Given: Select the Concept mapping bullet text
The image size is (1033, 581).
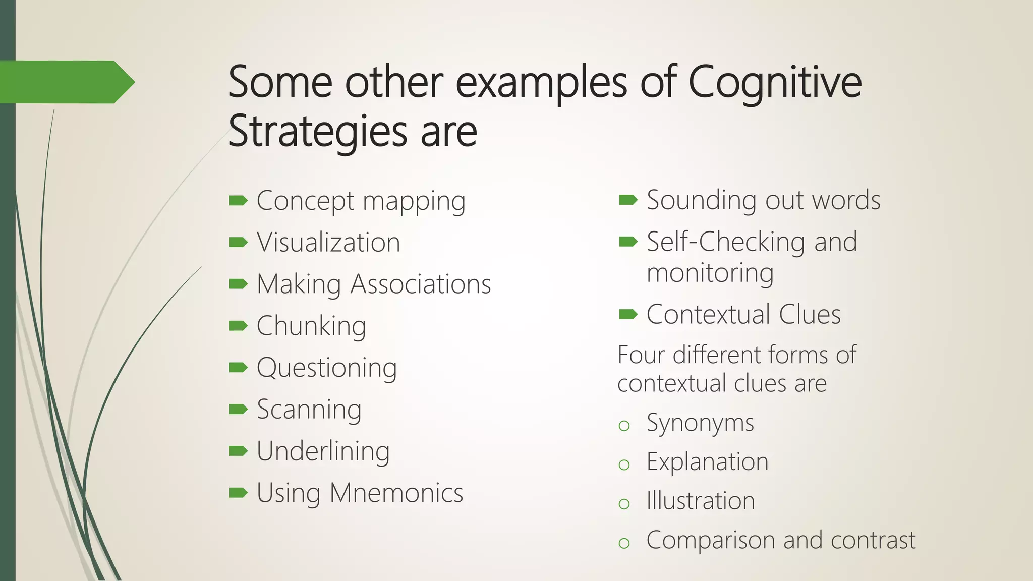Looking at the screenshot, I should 361,201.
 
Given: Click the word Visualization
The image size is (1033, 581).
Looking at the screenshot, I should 328,243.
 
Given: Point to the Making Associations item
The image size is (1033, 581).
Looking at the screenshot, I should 373,284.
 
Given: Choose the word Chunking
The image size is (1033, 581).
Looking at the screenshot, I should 311,326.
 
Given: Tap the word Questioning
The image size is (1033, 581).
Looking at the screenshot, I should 326,368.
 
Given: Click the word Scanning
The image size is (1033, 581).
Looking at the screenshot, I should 309,410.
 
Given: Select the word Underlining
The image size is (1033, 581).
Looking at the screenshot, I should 323,451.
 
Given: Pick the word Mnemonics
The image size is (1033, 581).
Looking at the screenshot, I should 396,493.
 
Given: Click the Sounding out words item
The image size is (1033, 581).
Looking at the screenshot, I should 763,200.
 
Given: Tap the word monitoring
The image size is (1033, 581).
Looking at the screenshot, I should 710,273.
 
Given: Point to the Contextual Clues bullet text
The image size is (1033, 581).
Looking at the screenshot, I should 743,315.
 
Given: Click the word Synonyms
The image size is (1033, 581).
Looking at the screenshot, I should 700,423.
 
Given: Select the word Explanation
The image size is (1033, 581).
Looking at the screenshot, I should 707,462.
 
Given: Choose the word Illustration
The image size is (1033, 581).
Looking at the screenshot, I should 701,501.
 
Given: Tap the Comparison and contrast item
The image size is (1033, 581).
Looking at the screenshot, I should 781,540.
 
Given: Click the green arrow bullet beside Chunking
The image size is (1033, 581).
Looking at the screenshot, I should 238,326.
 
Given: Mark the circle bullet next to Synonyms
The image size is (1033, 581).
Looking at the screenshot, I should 624,426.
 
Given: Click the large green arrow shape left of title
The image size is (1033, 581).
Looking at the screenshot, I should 66,82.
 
